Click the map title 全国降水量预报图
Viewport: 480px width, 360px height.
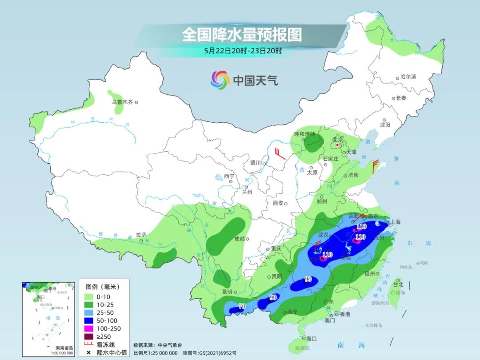coord(242,34)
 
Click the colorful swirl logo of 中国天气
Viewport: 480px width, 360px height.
coord(220,80)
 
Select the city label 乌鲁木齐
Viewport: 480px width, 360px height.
coord(122,102)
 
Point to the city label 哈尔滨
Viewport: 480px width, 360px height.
coord(408,77)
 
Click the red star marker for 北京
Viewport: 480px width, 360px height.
coord(338,145)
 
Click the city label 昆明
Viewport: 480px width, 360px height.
coord(226,292)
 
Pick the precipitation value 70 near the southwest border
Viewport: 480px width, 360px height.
coord(242,306)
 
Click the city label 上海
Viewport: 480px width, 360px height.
coord(395,222)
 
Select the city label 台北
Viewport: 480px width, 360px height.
coord(398,284)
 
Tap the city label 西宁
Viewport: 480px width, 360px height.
coord(229,176)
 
